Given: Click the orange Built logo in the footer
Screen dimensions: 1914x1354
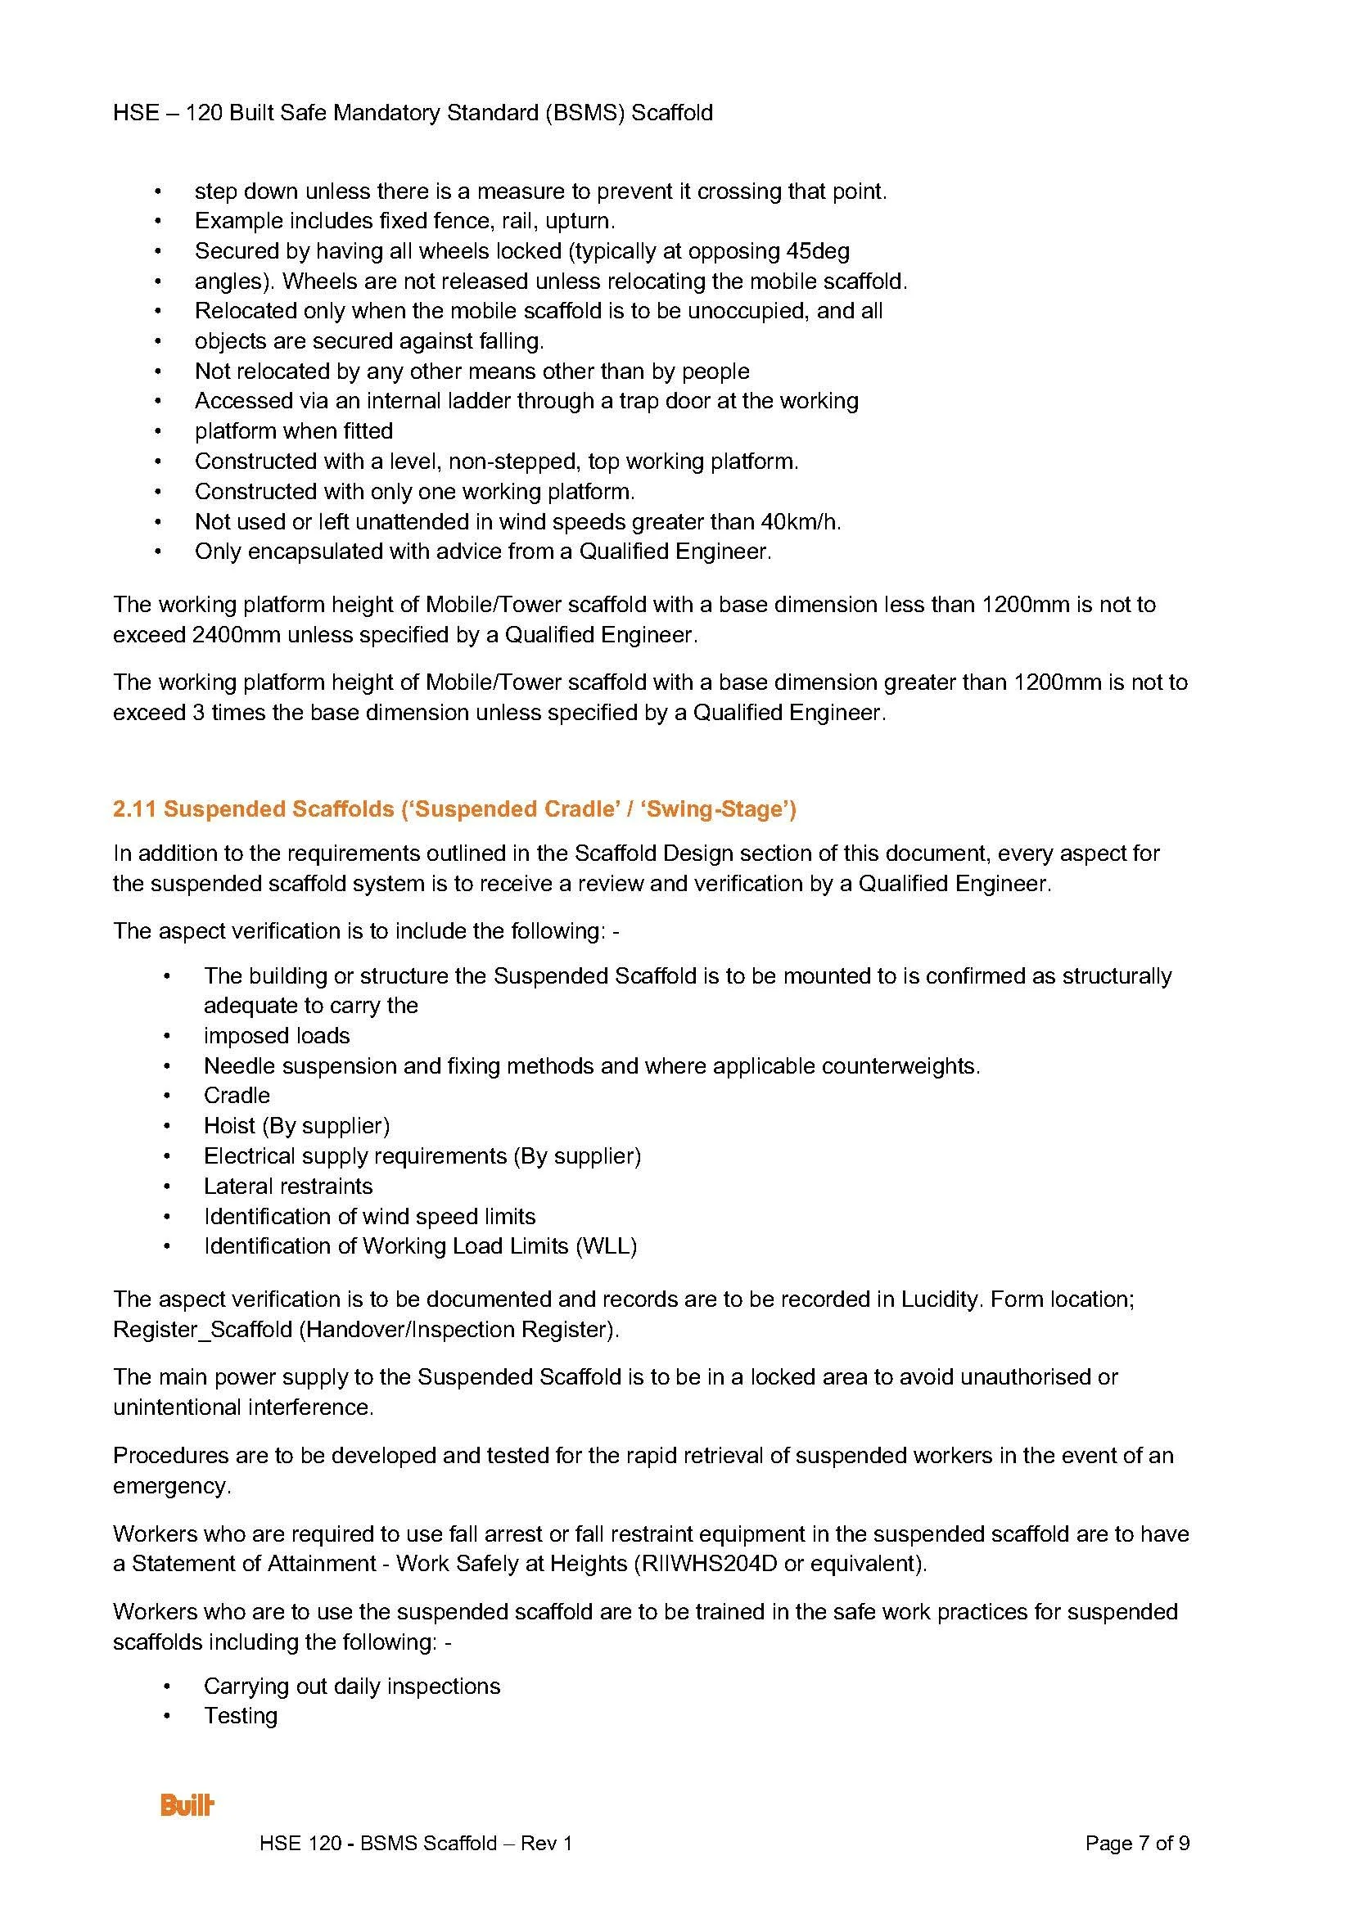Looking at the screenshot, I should click(x=187, y=1806).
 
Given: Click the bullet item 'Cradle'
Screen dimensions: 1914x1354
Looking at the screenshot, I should click(x=237, y=1096).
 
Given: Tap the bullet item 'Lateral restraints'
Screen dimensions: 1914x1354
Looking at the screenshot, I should click(x=287, y=1186).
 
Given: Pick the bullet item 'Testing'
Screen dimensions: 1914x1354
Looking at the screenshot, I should click(x=240, y=1716).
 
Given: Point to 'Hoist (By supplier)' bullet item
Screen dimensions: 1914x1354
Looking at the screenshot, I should click(x=297, y=1125).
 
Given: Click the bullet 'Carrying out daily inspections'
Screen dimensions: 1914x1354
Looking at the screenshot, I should click(x=352, y=1686).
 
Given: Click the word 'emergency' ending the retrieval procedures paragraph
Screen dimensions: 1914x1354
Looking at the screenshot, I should click(x=171, y=1485).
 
